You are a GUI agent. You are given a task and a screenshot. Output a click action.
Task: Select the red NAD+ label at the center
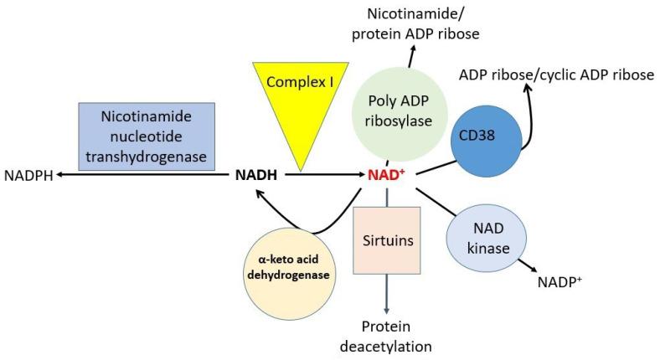click(x=387, y=175)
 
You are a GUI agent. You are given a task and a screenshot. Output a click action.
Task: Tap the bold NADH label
click(x=256, y=175)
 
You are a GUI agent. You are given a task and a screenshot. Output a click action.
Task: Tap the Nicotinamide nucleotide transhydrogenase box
click(x=147, y=136)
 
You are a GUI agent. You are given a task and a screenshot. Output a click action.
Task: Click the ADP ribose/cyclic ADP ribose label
click(x=556, y=75)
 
